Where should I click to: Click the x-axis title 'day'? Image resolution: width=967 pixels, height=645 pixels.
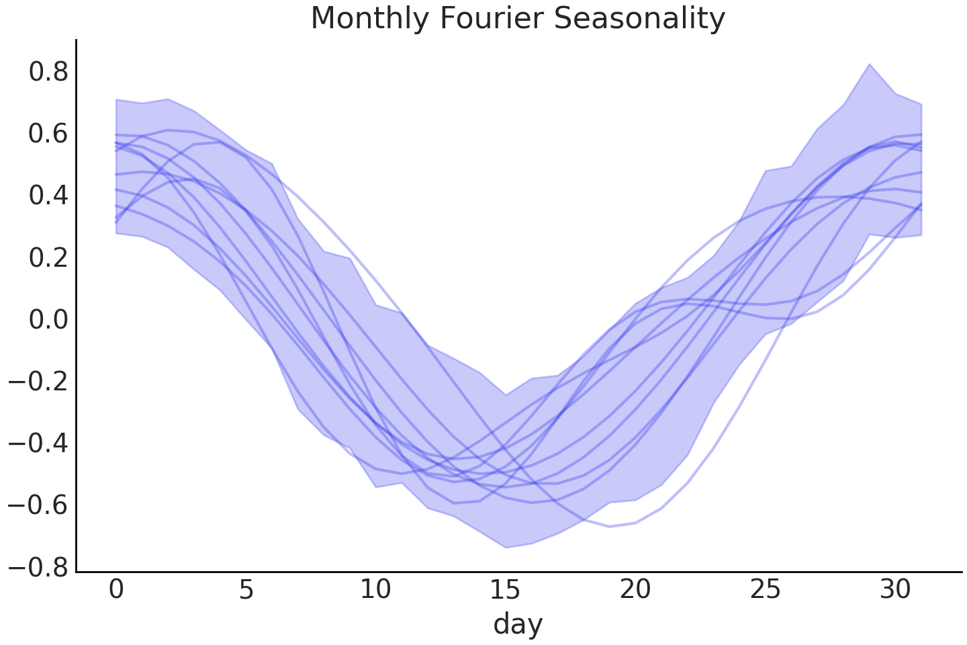518,624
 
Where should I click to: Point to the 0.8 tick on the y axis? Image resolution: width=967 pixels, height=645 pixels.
48,72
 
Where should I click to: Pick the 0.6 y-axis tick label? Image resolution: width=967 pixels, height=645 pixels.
48,134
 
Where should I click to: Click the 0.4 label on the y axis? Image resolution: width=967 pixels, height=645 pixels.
48,196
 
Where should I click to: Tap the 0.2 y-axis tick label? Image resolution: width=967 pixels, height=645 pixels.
48,257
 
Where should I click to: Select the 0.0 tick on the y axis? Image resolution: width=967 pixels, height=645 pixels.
48,319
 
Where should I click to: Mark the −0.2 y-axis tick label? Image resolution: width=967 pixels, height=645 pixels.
39,381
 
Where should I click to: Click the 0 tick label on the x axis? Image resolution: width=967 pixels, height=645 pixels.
116,589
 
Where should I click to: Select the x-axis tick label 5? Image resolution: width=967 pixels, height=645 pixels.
246,589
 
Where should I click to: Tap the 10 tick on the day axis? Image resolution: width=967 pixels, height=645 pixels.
376,589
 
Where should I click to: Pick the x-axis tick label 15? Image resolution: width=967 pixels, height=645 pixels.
506,589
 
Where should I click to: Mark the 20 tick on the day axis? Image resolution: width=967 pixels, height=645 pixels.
635,589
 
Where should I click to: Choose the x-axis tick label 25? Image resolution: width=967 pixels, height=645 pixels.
766,589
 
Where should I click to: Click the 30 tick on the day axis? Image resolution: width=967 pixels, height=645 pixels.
895,589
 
